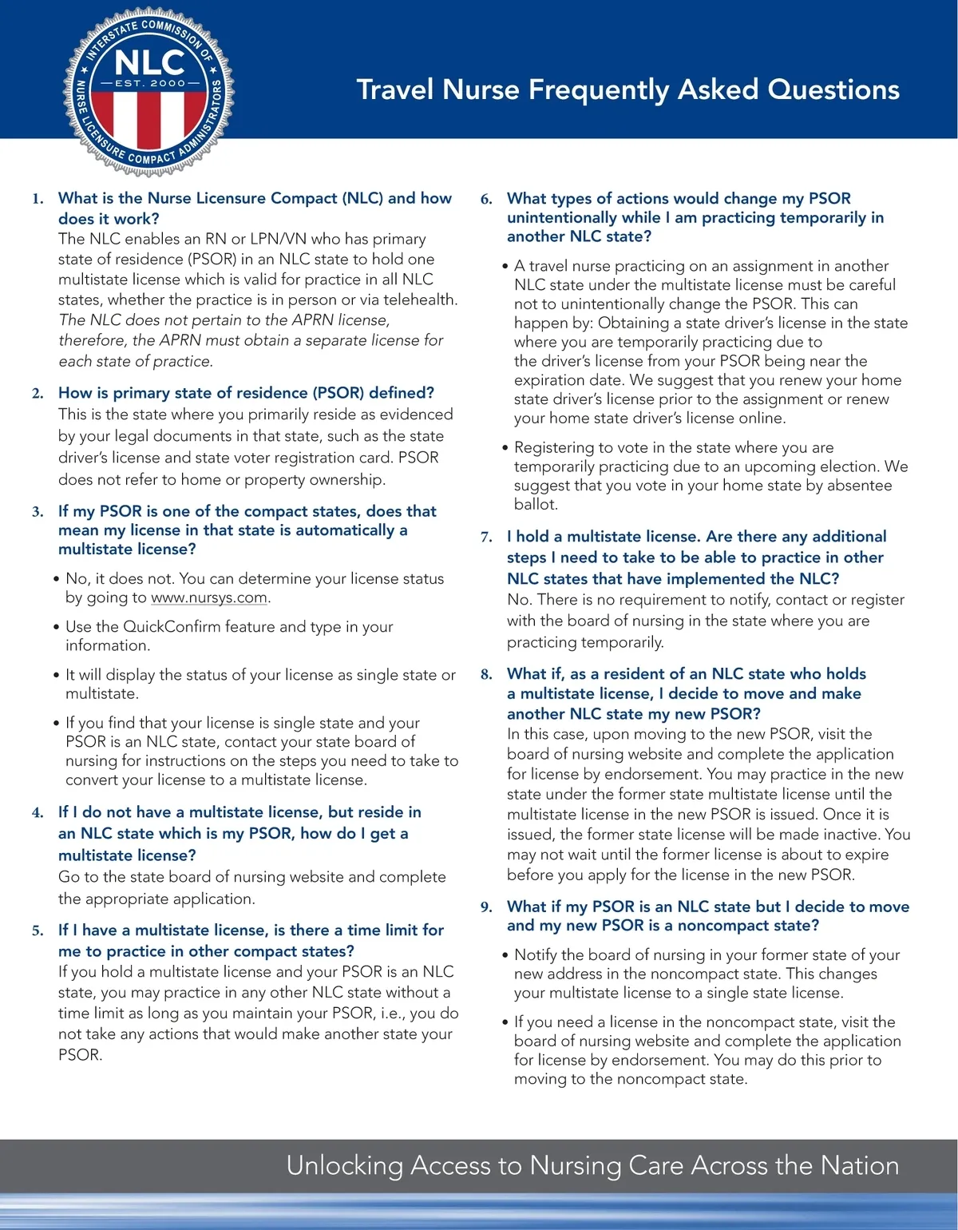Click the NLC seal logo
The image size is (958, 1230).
coord(148,93)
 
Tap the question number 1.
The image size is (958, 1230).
coord(38,199)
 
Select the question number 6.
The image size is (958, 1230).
coord(486,199)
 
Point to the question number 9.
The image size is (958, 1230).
coord(486,907)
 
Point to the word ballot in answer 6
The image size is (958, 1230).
coord(535,505)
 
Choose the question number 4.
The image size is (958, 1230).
coord(38,813)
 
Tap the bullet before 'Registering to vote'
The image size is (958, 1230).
coord(505,448)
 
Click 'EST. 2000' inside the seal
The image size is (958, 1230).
coord(149,83)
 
